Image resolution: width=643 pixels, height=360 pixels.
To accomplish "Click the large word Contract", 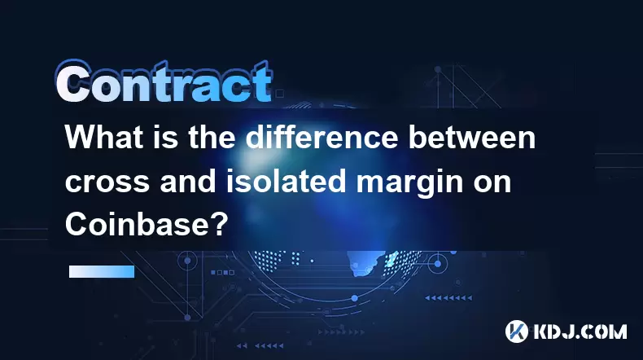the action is pos(164,82).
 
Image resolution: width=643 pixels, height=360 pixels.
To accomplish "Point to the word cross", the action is pos(107,184).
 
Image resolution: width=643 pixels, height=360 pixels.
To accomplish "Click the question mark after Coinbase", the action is pos(220,224).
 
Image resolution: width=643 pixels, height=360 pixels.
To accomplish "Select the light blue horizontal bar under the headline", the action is pos(102,271).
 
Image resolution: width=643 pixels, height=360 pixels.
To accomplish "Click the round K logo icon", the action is pos(517,331).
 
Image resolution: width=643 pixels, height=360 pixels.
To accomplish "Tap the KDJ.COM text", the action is pos(580,331).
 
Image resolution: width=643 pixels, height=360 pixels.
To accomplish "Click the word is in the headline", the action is pos(167,138).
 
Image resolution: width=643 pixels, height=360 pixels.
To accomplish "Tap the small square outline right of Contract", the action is pos(279,94).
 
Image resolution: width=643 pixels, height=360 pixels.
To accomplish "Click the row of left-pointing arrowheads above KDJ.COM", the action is pos(448,297).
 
